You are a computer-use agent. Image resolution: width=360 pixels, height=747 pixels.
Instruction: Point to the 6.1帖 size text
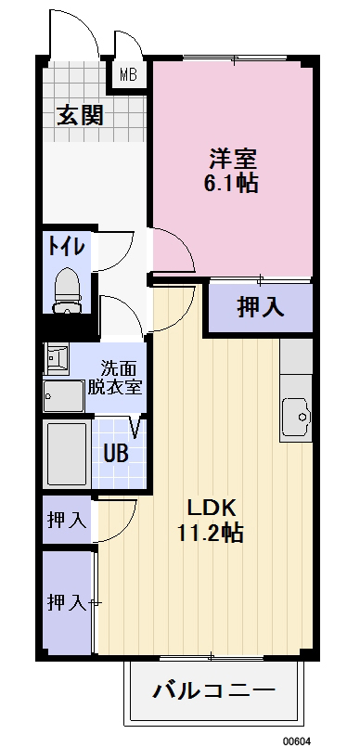click(230, 183)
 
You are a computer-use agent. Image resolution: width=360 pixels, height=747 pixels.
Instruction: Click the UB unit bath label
click(116, 455)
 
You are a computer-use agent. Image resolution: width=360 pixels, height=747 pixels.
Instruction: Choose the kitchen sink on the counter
click(297, 416)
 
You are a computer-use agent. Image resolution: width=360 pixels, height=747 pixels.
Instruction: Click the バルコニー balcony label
click(213, 691)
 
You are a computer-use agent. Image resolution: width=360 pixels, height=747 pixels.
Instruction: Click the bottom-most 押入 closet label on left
click(66, 601)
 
